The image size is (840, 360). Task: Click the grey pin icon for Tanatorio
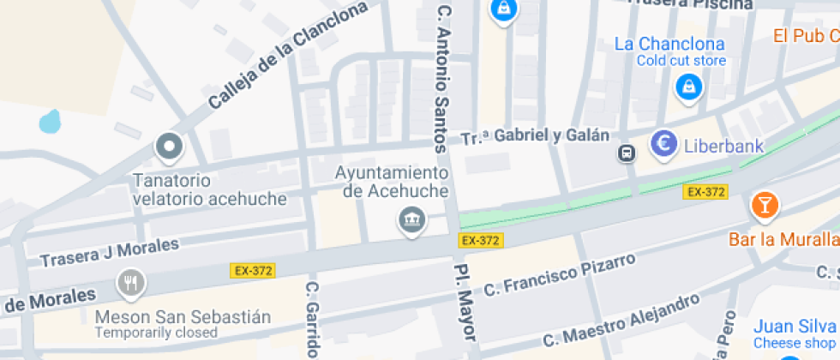[169, 147]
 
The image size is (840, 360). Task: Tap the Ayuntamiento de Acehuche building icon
[412, 219]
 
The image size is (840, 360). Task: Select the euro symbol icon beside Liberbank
[663, 145]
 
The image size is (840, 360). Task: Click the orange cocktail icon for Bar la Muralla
[764, 206]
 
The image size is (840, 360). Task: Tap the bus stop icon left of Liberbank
[627, 153]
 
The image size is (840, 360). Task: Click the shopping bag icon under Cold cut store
[687, 86]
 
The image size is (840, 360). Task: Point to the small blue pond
[50, 121]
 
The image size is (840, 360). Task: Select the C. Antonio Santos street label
[443, 79]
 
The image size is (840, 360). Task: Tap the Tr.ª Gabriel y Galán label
[535, 136]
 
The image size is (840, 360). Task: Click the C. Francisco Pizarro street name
[560, 276]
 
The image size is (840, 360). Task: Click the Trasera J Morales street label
[110, 252]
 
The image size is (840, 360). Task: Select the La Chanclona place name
[669, 44]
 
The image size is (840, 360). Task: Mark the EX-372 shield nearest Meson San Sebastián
[252, 271]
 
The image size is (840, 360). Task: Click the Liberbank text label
[723, 146]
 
